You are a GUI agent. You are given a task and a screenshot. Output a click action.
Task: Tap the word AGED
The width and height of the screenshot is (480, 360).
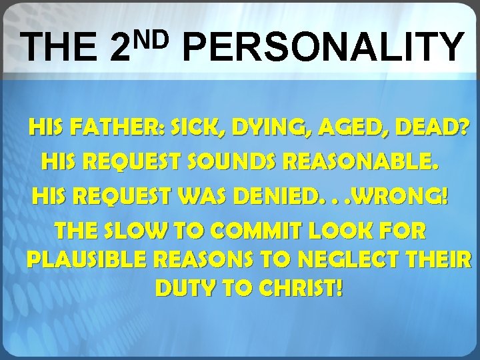coord(327,127)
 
